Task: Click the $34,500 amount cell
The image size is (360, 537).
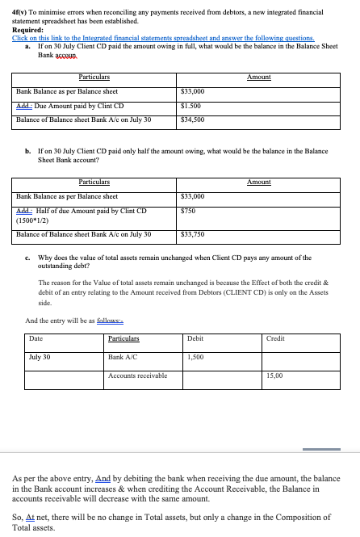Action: [x=197, y=120]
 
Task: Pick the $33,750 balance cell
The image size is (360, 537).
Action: [x=197, y=235]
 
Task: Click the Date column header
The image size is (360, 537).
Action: [x=36, y=338]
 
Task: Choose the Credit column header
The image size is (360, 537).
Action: [x=275, y=338]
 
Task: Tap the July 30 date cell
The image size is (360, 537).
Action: [x=40, y=355]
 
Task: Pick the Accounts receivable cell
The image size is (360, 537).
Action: [x=137, y=375]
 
